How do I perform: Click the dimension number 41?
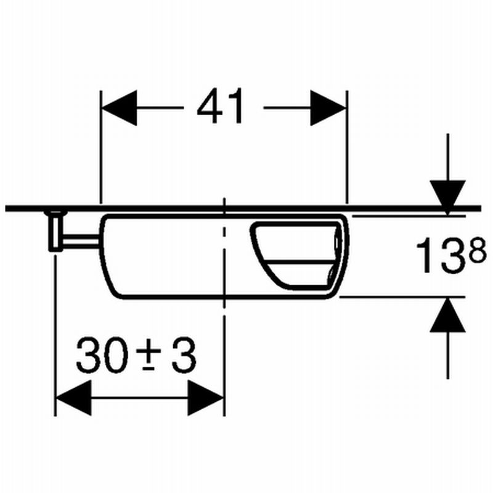coord(220,105)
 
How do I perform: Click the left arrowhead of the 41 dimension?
coord(120,108)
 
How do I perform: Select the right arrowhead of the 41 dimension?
coord(328,108)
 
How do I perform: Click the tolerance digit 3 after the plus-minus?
coord(184,355)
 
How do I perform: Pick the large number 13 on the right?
coord(438,255)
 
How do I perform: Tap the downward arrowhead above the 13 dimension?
coord(448,198)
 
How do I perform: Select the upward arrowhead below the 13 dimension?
coord(448,314)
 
